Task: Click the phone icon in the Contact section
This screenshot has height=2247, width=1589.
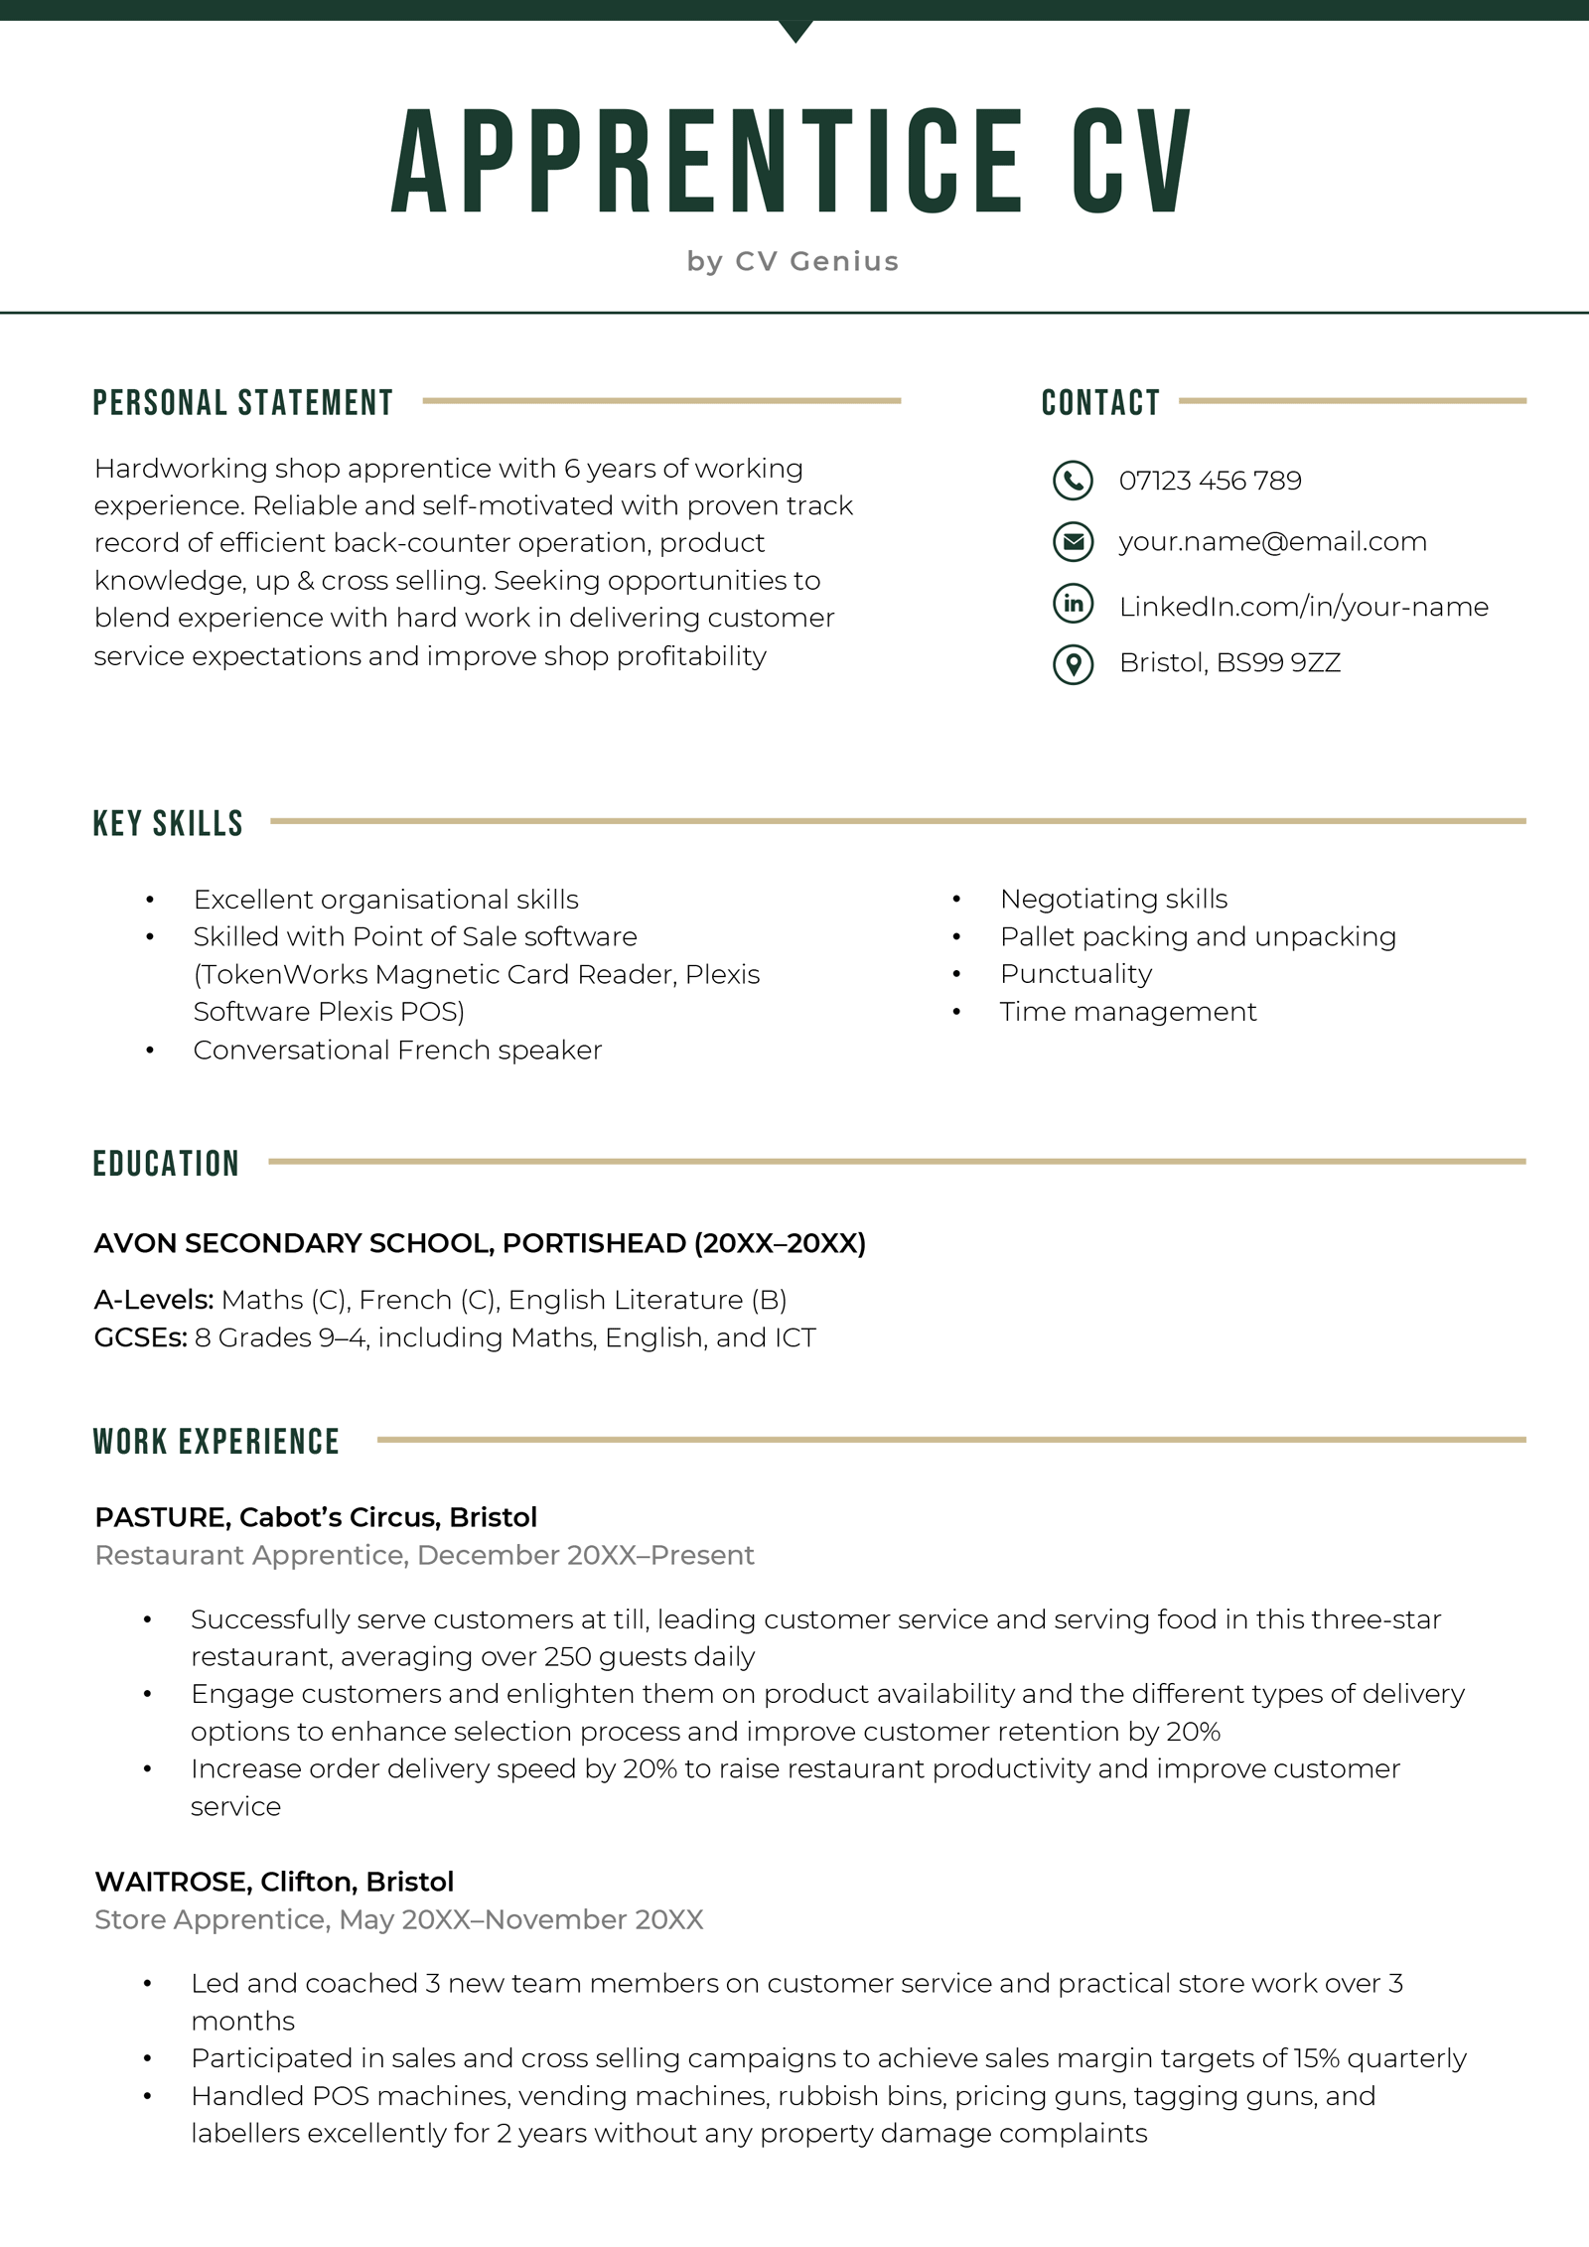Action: (1073, 481)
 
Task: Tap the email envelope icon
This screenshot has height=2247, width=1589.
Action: (1073, 542)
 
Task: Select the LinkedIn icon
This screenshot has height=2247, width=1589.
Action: (1073, 604)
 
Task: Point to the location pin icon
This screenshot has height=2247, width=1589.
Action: (1073, 664)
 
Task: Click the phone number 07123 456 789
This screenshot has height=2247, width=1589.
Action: (1210, 481)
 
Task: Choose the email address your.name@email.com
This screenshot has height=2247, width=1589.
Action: (1272, 542)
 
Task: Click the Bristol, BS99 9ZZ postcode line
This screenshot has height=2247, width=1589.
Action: (1229, 663)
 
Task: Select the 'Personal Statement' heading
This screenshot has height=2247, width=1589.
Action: (243, 402)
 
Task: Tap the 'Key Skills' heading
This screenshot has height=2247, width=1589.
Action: (168, 823)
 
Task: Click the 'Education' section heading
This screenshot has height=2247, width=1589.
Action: (166, 1164)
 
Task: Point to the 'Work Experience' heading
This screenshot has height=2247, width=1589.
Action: (217, 1442)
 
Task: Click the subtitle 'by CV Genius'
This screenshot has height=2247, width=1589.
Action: (793, 261)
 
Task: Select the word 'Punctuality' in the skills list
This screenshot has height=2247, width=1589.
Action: (1076, 974)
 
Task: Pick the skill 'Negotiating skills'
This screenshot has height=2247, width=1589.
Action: (1113, 900)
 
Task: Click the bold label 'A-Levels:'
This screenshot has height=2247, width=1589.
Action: (154, 1300)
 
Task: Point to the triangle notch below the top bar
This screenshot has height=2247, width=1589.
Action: (795, 31)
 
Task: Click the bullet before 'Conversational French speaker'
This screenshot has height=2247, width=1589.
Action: (150, 1051)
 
